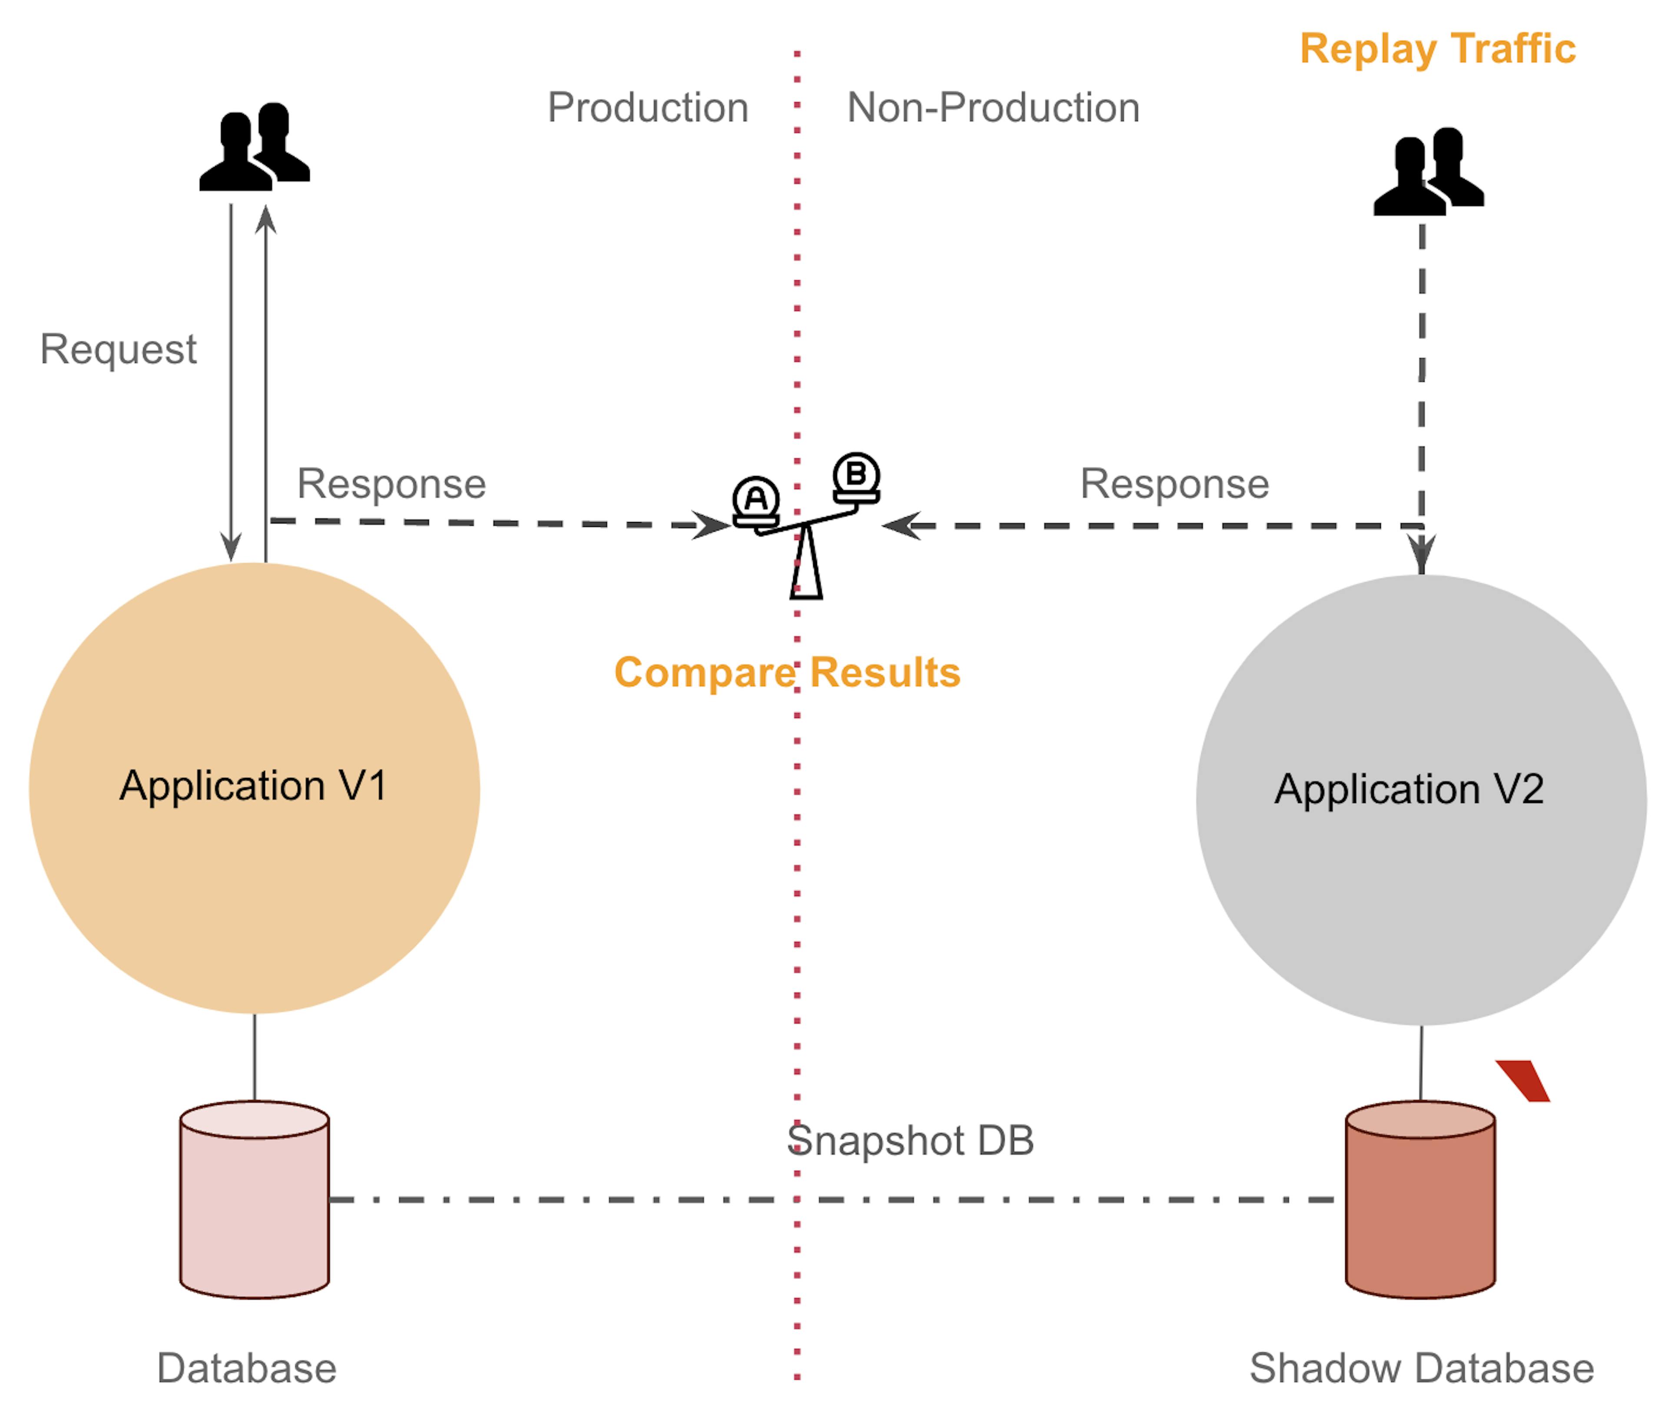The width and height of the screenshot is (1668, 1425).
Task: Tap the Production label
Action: (648, 107)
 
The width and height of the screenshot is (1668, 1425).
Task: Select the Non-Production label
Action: (993, 107)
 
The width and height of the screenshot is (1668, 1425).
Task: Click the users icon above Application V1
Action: (255, 146)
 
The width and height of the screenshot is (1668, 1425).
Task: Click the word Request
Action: (118, 349)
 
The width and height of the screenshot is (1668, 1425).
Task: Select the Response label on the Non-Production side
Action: (1175, 484)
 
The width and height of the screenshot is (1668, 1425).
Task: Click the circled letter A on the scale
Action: (756, 498)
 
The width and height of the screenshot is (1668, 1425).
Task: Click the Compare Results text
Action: (788, 672)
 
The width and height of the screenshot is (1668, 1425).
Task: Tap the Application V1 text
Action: (254, 786)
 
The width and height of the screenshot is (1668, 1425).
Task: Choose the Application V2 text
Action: (1409, 789)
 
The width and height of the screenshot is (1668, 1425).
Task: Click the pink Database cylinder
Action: (255, 1200)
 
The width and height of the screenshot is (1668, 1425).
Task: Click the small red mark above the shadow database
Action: (1523, 1081)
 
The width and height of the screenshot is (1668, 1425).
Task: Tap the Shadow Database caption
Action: (1422, 1369)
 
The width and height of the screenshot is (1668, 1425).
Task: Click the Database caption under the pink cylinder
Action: (246, 1369)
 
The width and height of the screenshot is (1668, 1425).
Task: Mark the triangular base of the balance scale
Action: (806, 564)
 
